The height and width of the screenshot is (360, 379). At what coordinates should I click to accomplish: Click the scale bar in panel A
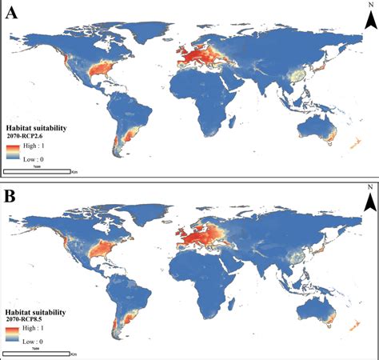(x=36, y=171)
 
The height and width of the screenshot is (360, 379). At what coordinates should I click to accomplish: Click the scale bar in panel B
(x=36, y=352)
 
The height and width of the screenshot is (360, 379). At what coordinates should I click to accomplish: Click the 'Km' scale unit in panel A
(x=74, y=172)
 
